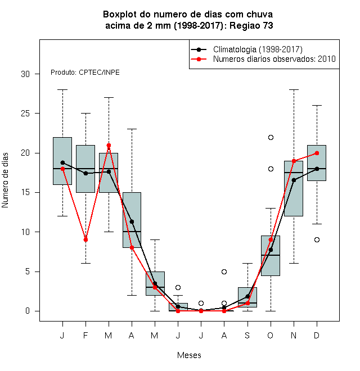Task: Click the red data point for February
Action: pos(85,239)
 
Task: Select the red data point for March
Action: pos(109,145)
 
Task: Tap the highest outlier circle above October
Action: pos(271,138)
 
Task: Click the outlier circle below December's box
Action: pos(317,239)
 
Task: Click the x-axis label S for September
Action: pos(247,335)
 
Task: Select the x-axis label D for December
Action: pos(317,335)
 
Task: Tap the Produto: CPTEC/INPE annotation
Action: pos(85,73)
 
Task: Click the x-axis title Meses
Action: pos(189,355)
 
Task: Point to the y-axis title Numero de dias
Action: pos(5,180)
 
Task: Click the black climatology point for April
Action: pos(132,221)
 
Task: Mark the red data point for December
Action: pos(317,153)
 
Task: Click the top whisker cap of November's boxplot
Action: pos(294,90)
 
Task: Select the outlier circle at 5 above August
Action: pos(224,272)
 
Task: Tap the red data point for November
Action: pos(294,161)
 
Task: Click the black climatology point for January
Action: pos(62,162)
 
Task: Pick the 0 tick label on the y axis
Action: pos(28,311)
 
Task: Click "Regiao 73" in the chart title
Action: pos(251,25)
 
